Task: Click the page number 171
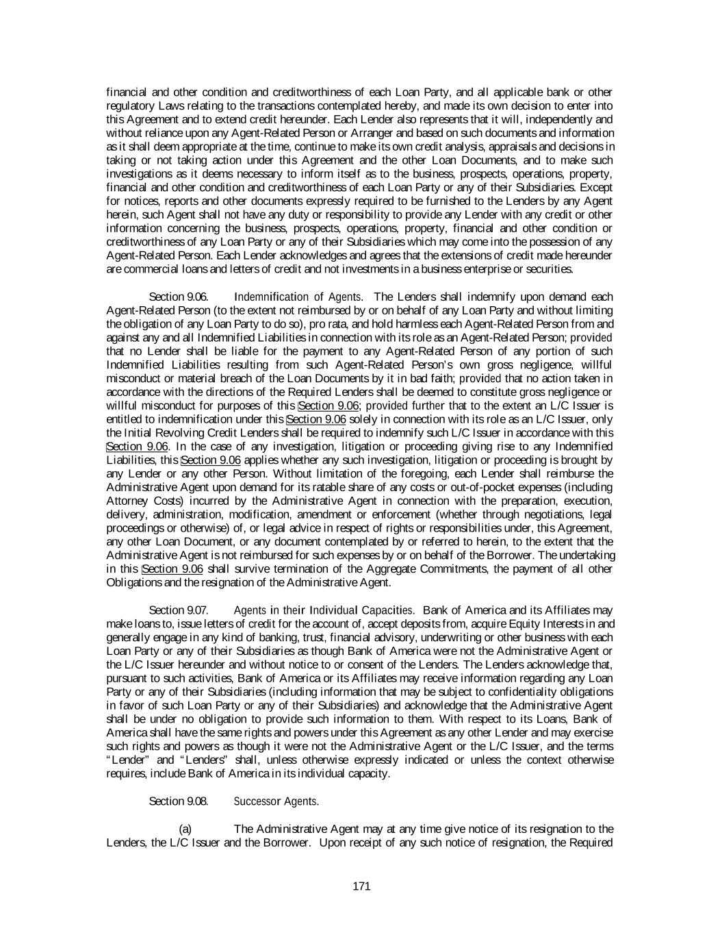361,886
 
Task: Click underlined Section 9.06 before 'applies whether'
211,460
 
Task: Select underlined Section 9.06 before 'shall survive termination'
172,569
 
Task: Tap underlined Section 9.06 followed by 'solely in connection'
316,419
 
